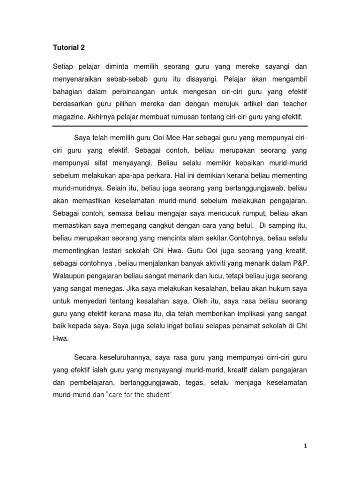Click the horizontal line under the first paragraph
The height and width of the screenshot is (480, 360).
180,126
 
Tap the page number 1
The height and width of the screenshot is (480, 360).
305,447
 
